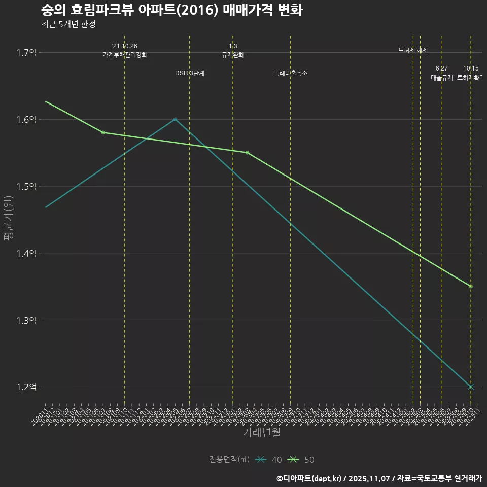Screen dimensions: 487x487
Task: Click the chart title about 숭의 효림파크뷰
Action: [171, 11]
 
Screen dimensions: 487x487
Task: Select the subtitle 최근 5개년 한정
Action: [68, 24]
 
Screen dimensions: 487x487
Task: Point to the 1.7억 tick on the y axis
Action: [26, 53]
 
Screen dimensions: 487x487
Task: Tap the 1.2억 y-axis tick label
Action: [26, 387]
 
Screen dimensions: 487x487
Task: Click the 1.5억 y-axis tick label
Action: [26, 187]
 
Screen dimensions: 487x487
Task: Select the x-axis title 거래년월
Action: [261, 433]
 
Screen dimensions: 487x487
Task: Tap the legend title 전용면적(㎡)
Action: [229, 460]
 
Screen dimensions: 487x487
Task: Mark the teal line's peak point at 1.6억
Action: [175, 119]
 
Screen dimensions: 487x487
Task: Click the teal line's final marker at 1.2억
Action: [471, 387]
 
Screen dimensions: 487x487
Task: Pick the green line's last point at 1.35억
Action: [471, 287]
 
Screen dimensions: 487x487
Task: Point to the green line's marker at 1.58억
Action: [103, 132]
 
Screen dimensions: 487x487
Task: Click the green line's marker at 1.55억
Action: [247, 153]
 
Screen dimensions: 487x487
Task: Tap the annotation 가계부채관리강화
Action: [125, 55]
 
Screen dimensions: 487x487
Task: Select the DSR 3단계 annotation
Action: [190, 73]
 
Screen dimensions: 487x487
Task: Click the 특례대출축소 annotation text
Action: [291, 73]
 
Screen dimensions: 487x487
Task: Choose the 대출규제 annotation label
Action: [442, 78]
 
